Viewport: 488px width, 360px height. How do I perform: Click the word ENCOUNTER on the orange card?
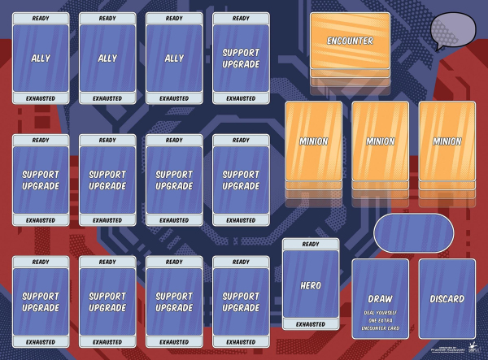[x=350, y=41]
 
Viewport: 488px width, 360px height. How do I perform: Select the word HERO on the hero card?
[x=311, y=285]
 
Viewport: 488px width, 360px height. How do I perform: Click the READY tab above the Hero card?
[x=311, y=245]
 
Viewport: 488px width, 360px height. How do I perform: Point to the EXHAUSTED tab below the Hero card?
[x=311, y=324]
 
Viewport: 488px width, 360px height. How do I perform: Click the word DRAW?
[x=380, y=298]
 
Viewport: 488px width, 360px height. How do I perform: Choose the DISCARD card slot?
[x=447, y=298]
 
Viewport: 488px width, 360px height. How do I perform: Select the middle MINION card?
[x=380, y=141]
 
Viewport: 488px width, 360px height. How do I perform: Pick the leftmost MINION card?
[x=313, y=141]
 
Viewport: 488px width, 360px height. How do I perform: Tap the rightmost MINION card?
[x=447, y=141]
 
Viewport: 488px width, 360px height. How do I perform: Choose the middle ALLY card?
[x=107, y=59]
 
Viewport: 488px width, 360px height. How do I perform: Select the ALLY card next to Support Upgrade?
[x=174, y=59]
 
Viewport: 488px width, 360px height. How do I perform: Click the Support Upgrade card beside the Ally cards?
[x=241, y=59]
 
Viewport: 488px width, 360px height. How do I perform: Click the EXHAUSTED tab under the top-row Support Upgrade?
[x=241, y=98]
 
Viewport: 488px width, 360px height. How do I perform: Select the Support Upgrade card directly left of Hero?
[x=241, y=301]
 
